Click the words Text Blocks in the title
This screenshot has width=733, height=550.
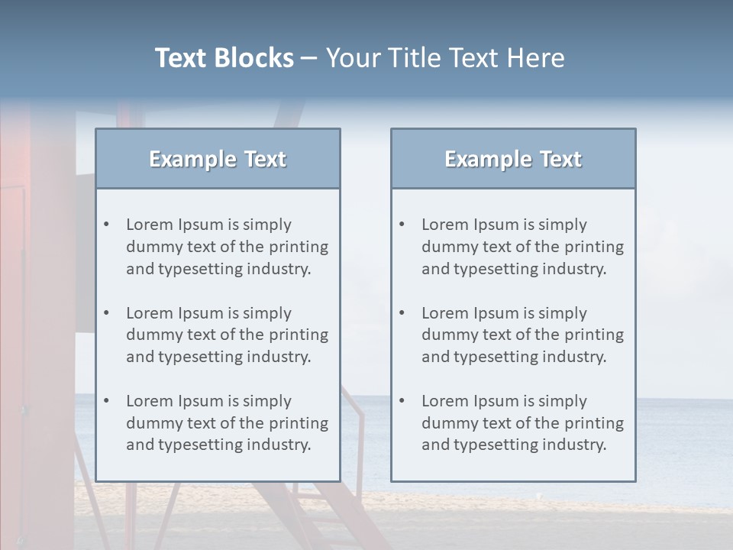[224, 57]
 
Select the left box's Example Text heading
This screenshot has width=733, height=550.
[218, 159]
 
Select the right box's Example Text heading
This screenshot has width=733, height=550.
[513, 159]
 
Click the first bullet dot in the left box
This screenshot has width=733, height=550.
[106, 225]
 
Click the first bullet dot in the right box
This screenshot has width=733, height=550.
[402, 225]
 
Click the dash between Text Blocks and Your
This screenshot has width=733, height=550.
[309, 57]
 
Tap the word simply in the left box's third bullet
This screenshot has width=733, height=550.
[267, 401]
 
